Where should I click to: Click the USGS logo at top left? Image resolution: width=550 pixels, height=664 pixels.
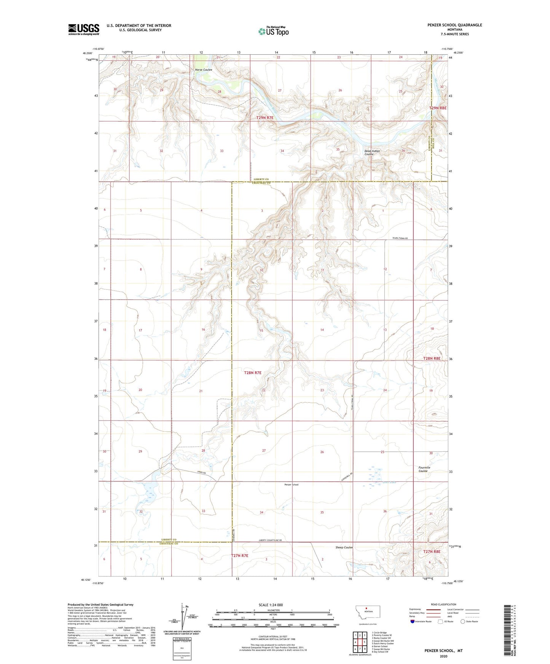pyautogui.click(x=84, y=29)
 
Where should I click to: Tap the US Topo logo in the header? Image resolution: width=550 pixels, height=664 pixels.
pyautogui.click(x=273, y=31)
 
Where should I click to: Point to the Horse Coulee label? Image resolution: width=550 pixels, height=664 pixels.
pyautogui.click(x=203, y=70)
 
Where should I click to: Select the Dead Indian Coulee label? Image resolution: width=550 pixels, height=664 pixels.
pyautogui.click(x=372, y=152)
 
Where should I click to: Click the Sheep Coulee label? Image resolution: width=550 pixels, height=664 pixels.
pyautogui.click(x=344, y=547)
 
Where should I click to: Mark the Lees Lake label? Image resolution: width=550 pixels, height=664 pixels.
pyautogui.click(x=389, y=483)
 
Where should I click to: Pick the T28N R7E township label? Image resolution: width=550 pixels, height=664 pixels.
pyautogui.click(x=253, y=373)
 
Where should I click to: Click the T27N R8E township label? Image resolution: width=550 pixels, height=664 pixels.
pyautogui.click(x=432, y=551)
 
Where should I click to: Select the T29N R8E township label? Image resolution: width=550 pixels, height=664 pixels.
pyautogui.click(x=438, y=108)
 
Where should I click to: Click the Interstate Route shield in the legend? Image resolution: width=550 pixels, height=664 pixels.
pyautogui.click(x=413, y=621)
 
